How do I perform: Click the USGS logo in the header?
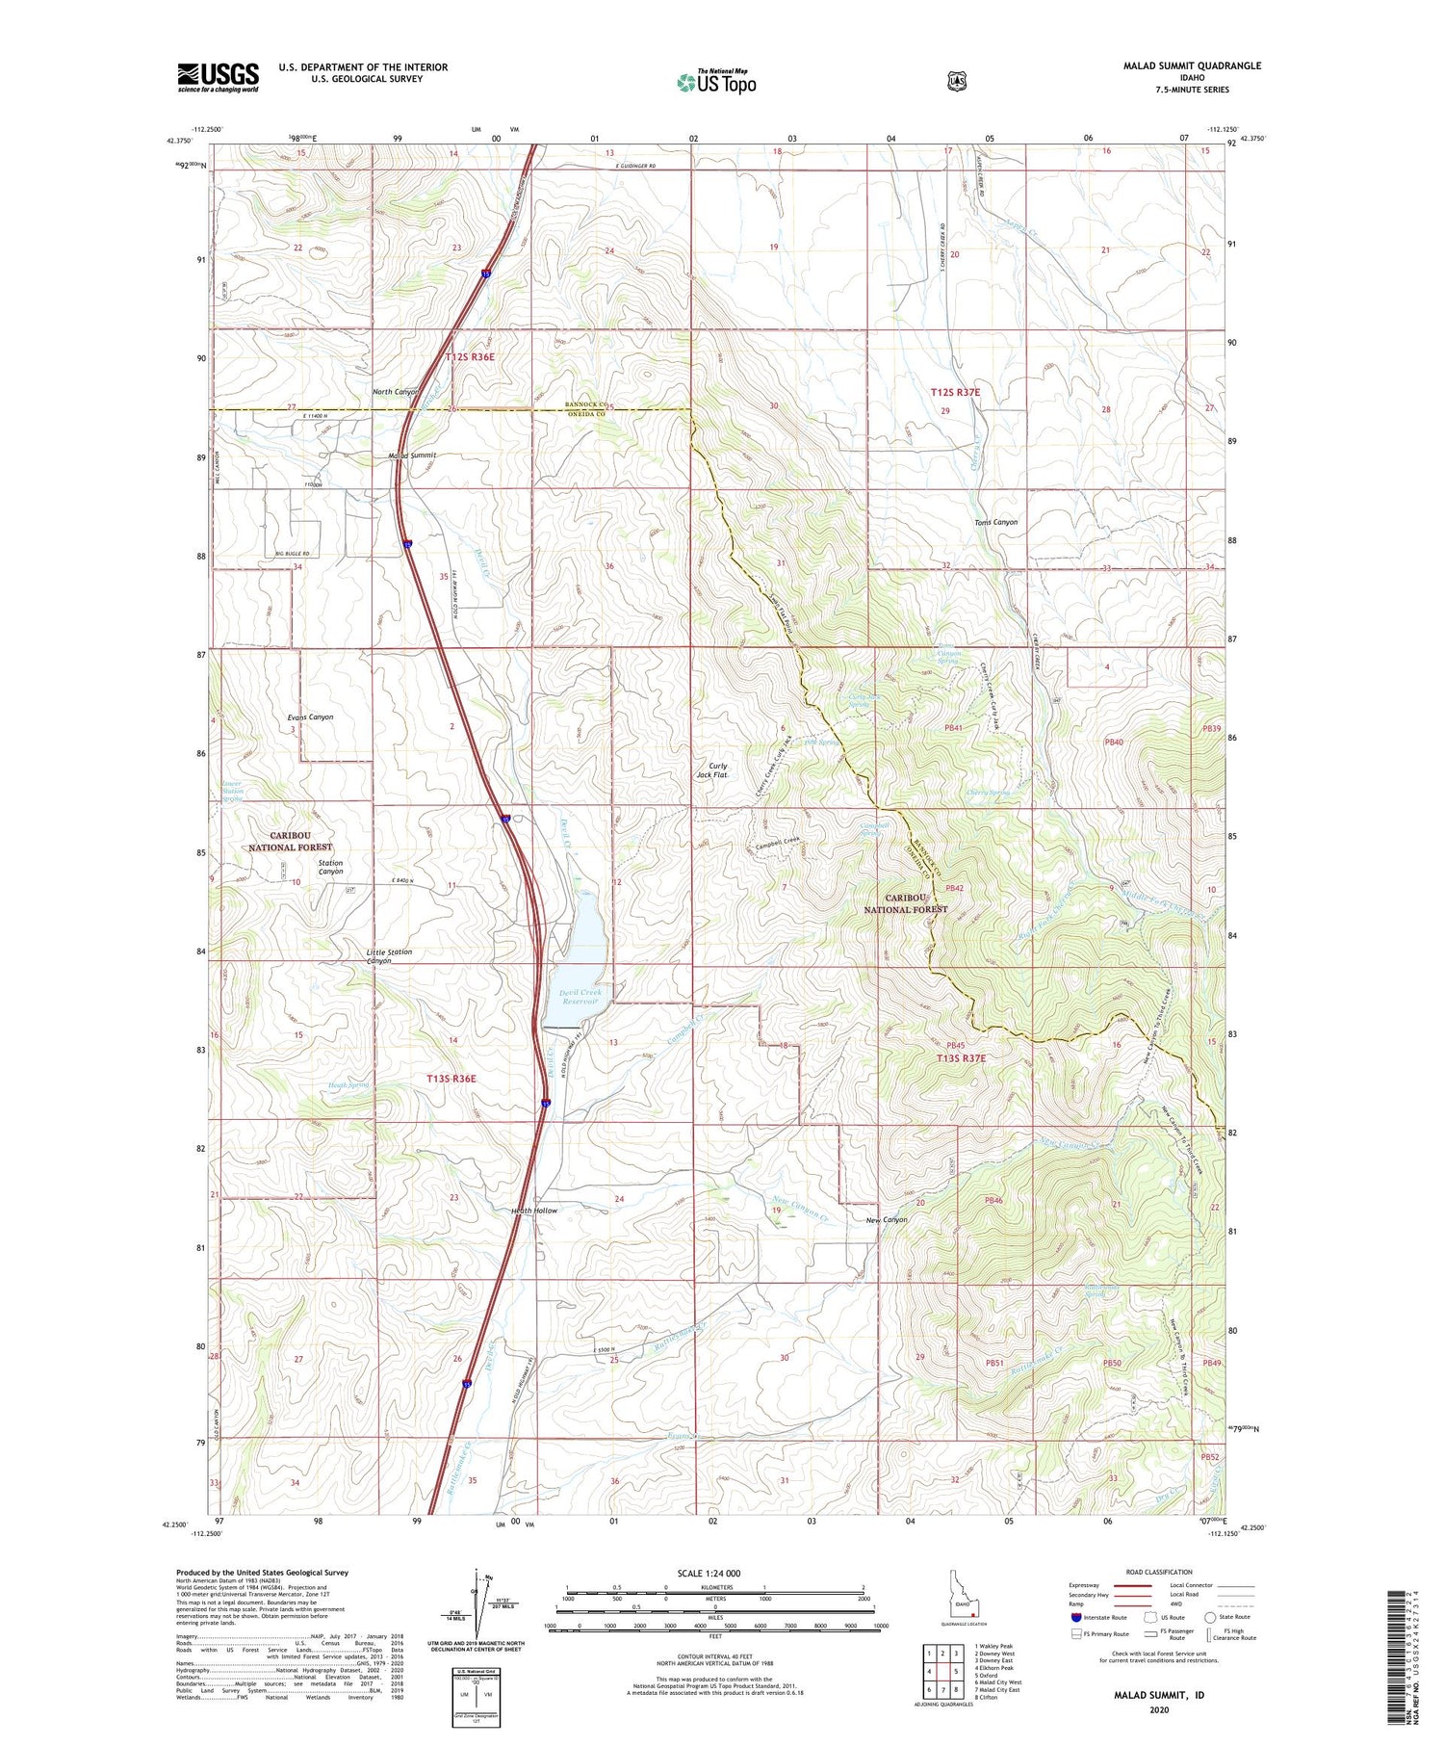pyautogui.click(x=218, y=77)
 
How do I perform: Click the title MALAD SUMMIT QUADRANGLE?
pyautogui.click(x=1191, y=65)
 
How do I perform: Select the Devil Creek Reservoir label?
pyautogui.click(x=572, y=997)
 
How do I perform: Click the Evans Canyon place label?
pyautogui.click(x=310, y=717)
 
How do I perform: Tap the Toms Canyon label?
pyautogui.click(x=995, y=522)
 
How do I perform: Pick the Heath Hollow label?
pyautogui.click(x=533, y=1210)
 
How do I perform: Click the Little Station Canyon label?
pyautogui.click(x=389, y=955)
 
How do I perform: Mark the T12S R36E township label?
pyautogui.click(x=470, y=357)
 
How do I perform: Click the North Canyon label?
pyautogui.click(x=396, y=392)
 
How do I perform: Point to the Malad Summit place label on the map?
pyautogui.click(x=412, y=455)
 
